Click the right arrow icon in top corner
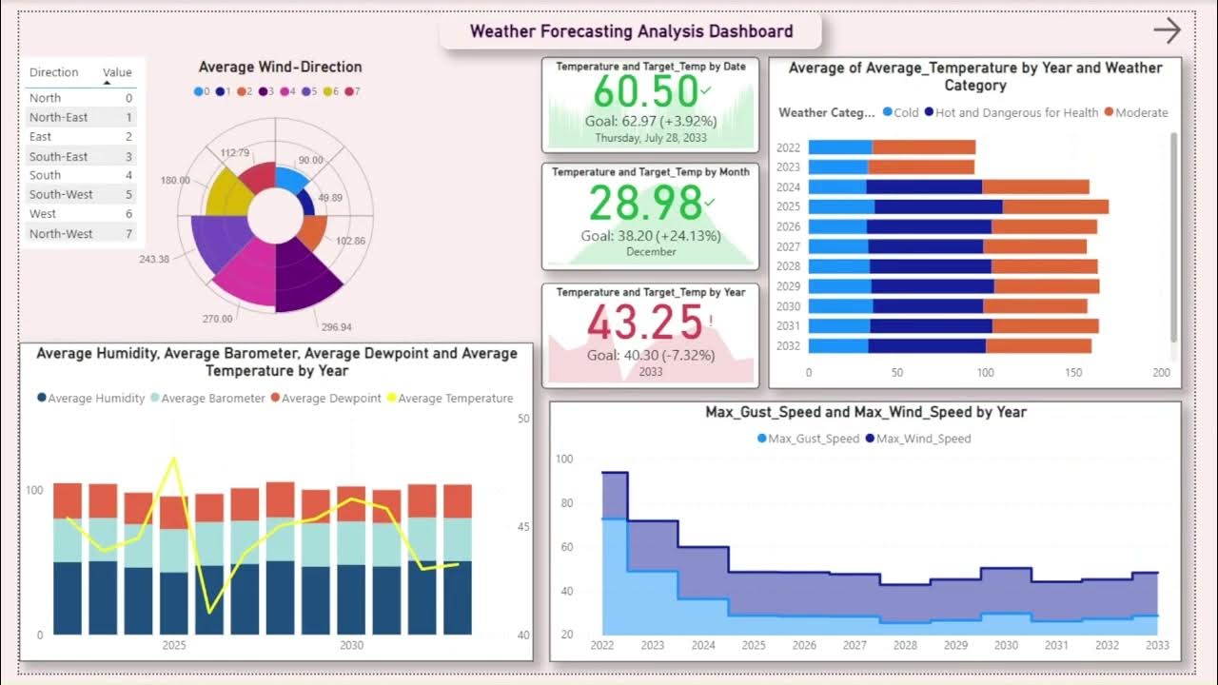(x=1167, y=30)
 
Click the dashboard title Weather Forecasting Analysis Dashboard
(x=631, y=31)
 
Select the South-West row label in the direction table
(x=61, y=194)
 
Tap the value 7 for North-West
(x=128, y=233)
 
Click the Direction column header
(x=53, y=72)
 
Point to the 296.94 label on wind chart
(x=337, y=326)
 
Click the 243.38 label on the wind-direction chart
(x=154, y=259)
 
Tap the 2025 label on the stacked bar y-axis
(x=788, y=206)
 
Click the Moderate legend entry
(x=1141, y=112)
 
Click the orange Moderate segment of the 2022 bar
(x=923, y=147)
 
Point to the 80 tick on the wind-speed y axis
(x=564, y=503)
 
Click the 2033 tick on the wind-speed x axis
(x=1158, y=645)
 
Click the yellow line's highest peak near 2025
(x=173, y=459)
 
